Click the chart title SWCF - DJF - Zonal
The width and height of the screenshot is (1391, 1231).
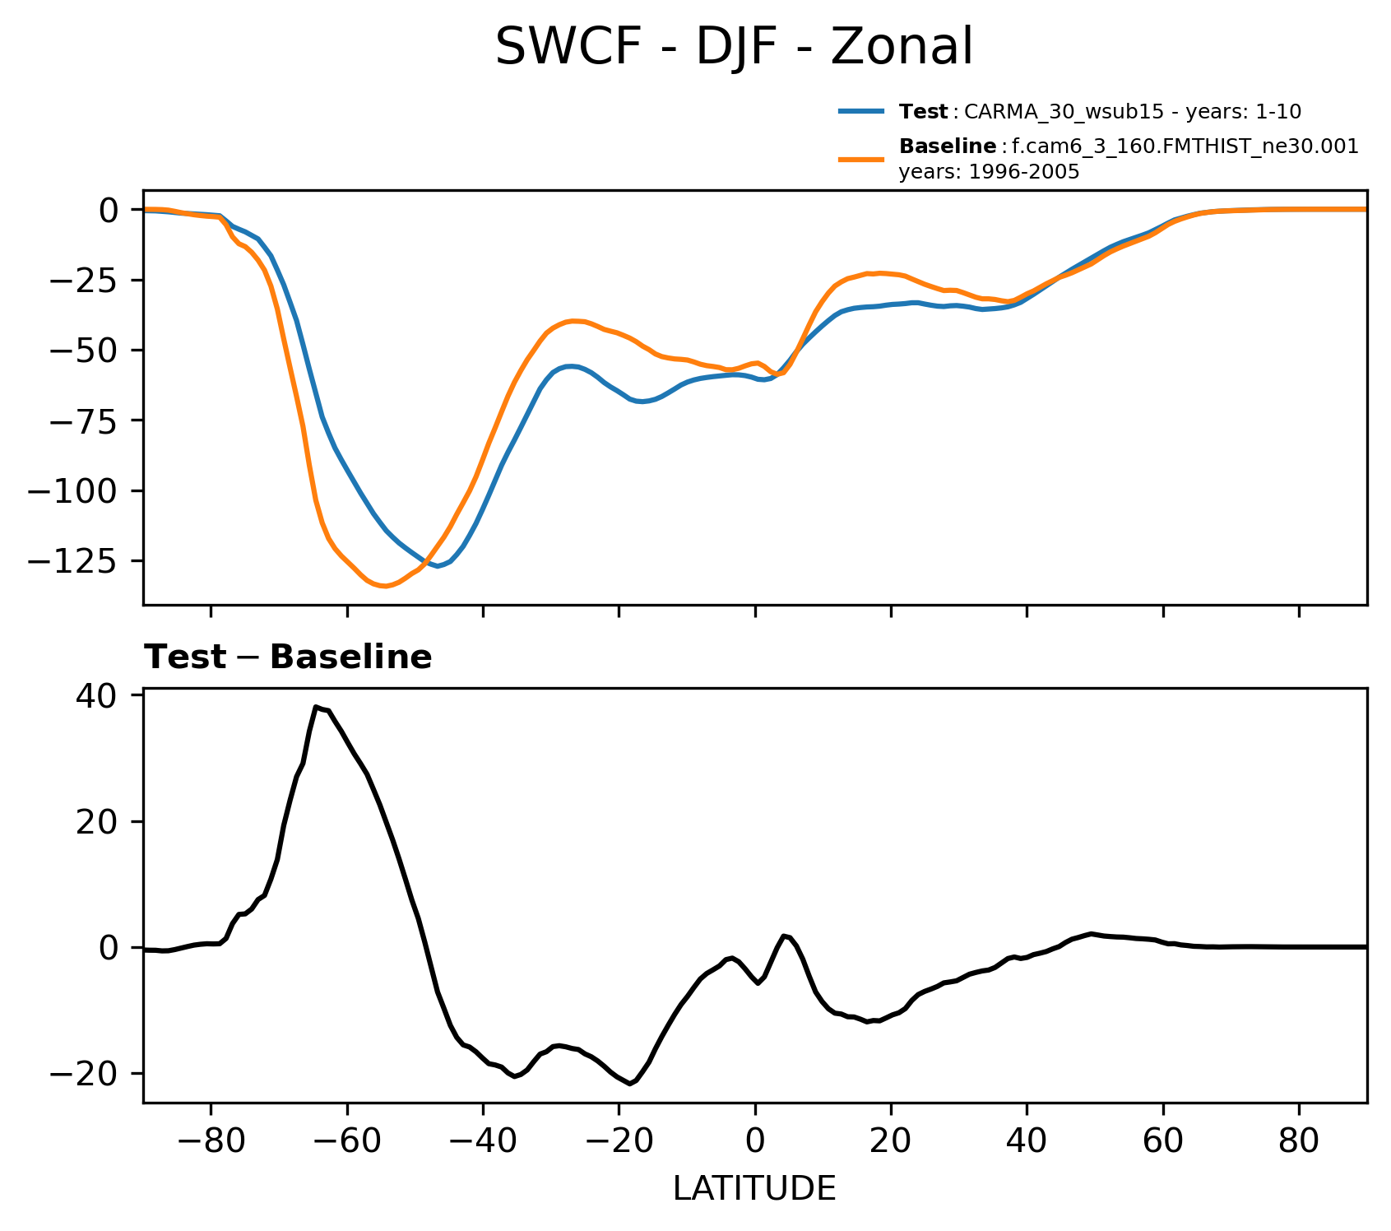tap(734, 47)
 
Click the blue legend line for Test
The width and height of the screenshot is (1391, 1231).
tap(861, 111)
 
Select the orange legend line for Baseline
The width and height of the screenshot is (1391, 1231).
tap(861, 159)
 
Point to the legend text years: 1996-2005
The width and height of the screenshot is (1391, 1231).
tap(989, 173)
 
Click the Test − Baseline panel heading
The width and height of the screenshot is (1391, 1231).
tap(288, 657)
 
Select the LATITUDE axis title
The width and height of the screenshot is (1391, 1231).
tap(754, 1188)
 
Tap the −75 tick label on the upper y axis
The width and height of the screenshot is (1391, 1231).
tap(83, 420)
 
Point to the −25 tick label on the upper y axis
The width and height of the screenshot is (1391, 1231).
tap(83, 281)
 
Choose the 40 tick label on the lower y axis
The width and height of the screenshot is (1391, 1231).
tap(97, 696)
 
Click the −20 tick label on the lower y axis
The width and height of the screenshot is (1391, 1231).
tap(83, 1074)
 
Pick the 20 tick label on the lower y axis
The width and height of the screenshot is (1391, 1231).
tap(97, 822)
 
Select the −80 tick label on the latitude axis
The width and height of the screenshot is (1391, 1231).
tap(211, 1142)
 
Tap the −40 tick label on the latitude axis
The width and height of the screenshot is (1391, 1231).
tap(483, 1142)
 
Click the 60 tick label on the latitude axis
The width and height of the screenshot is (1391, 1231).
tap(1162, 1142)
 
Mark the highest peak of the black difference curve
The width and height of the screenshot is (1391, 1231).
tap(316, 707)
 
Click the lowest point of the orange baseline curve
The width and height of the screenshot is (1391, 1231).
tap(384, 586)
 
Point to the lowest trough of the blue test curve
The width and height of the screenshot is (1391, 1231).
tap(438, 566)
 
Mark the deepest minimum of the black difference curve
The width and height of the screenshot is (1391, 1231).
tap(630, 1084)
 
